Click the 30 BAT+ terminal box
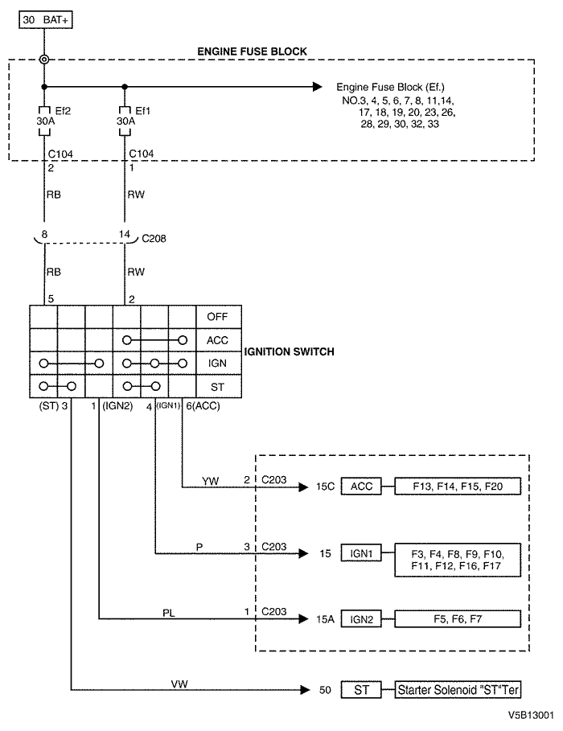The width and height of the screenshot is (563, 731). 46,20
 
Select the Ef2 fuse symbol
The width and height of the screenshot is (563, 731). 44,121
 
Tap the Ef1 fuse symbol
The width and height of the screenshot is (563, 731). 125,121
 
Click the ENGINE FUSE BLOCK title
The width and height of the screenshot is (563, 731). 252,51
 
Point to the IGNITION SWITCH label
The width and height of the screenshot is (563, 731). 290,351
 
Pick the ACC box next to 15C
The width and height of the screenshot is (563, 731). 361,487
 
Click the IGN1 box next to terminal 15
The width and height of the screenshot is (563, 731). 361,553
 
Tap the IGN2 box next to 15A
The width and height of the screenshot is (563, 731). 361,619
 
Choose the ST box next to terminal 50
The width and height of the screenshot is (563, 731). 361,689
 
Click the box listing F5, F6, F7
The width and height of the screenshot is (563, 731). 458,619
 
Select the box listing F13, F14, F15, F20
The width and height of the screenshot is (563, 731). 458,487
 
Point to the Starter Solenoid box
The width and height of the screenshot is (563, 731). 458,689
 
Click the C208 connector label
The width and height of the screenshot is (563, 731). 154,238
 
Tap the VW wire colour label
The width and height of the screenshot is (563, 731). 179,684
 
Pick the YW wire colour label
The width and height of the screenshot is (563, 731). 211,481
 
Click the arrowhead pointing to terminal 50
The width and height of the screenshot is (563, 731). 305,689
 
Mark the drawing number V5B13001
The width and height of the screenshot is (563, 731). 532,715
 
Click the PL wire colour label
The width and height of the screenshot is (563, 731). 168,613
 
